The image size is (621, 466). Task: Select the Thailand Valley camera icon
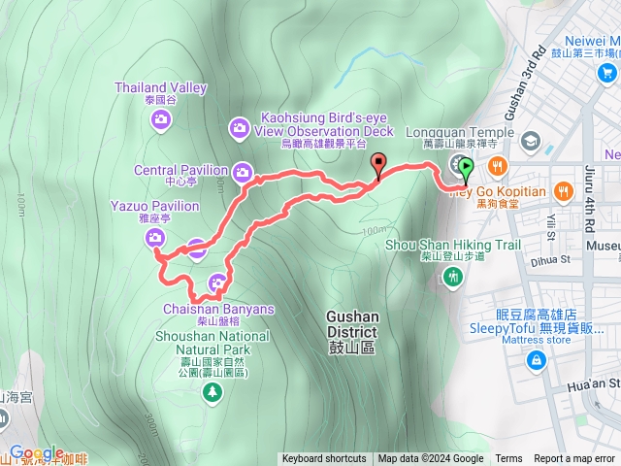pos(161,119)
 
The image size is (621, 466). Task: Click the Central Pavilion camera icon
pos(243,173)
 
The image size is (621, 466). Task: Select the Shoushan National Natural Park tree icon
pos(211,391)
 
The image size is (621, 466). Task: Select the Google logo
pos(37,452)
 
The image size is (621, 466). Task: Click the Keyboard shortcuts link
pos(324,459)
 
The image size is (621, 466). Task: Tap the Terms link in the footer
pos(508,459)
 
